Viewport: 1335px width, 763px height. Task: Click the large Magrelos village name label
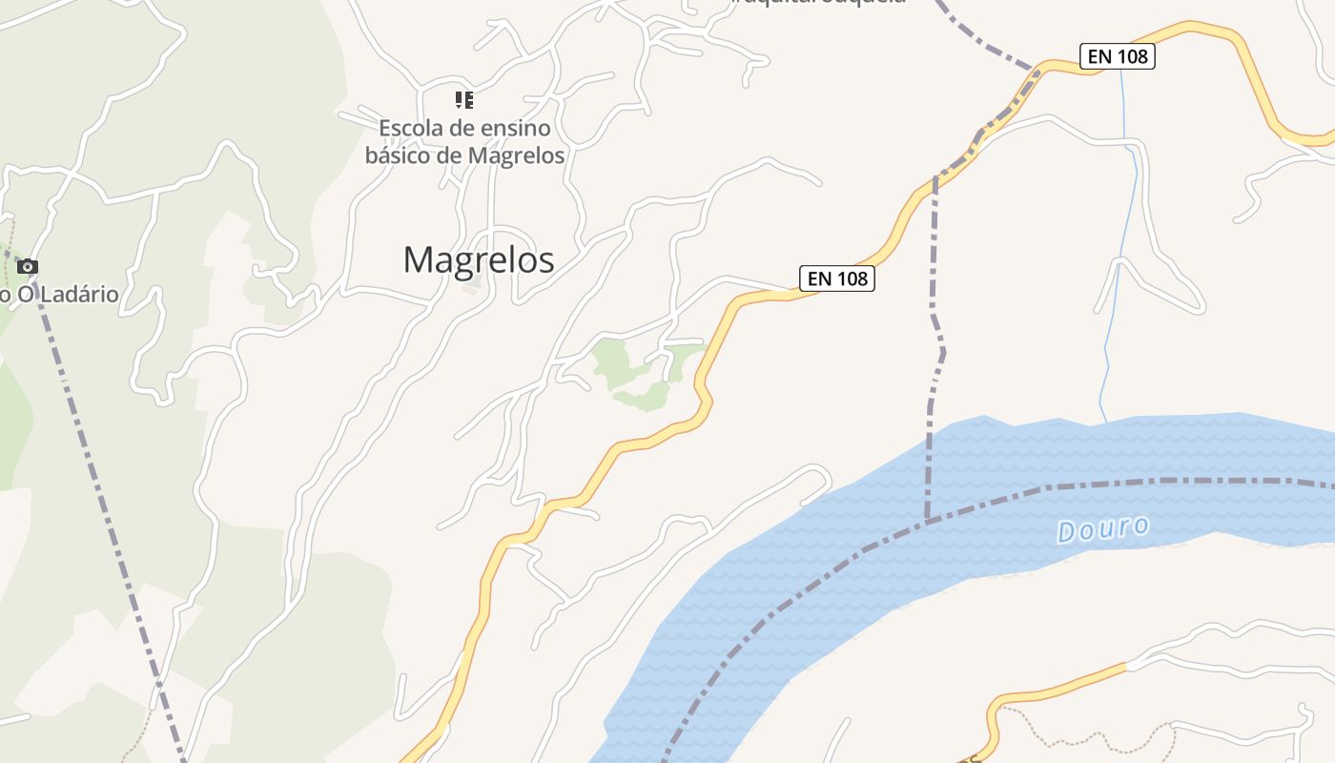[x=478, y=259]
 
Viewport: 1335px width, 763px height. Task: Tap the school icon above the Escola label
[x=464, y=100]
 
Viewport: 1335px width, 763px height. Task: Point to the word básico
[x=399, y=155]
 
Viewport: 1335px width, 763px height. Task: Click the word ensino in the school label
[x=515, y=128]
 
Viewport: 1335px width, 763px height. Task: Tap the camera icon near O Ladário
[x=28, y=266]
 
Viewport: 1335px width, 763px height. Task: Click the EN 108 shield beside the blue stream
[x=1117, y=56]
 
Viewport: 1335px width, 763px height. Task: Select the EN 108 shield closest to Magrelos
[x=836, y=278]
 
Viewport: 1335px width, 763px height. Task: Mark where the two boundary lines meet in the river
[x=927, y=521]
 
